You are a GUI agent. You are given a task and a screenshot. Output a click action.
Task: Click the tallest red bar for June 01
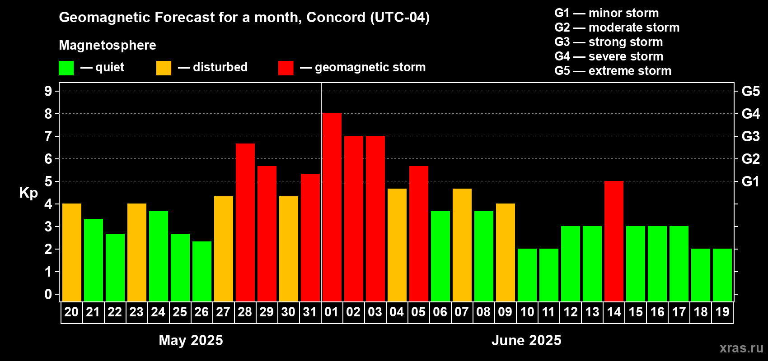pos(332,207)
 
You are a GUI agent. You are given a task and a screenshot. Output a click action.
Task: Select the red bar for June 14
pos(613,241)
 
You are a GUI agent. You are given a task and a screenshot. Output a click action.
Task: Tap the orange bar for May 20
pos(72,252)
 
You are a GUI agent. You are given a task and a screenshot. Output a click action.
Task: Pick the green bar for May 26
pos(202,271)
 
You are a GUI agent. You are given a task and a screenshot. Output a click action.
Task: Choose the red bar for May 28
pos(245,222)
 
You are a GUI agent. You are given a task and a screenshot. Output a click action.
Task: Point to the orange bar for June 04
pos(397,245)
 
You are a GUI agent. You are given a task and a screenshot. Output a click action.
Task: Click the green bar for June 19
pos(722,275)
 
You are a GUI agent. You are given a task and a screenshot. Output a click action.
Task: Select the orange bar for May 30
pos(289,249)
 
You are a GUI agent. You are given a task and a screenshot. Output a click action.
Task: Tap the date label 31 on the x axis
pos(310,312)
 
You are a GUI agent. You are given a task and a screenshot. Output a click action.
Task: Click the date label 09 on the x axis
pos(506,312)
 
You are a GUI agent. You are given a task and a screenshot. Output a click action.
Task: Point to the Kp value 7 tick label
pos(48,136)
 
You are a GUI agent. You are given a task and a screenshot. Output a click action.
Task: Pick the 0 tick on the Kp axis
pos(48,294)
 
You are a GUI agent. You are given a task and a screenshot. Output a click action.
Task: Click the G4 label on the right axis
pos(751,114)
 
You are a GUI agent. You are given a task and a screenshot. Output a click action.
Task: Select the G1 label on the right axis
pos(751,181)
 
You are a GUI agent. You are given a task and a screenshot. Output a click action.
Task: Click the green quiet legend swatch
pos(66,68)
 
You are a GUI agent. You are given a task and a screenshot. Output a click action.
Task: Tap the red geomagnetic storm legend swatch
pos(286,68)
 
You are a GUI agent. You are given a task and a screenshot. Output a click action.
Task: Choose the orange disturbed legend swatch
pos(164,68)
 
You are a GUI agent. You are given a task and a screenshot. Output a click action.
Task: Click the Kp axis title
pos(28,193)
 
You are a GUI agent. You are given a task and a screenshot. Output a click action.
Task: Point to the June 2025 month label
pos(526,340)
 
